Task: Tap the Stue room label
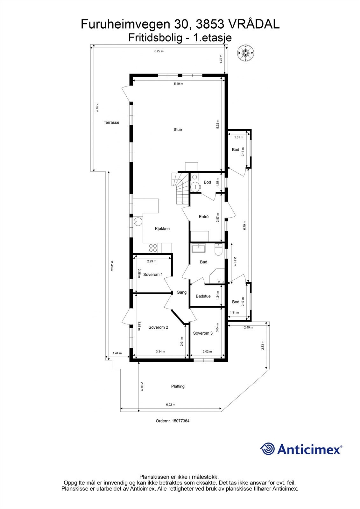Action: (178, 129)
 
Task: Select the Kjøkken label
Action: (162, 229)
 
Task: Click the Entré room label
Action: (204, 217)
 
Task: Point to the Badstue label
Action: (203, 296)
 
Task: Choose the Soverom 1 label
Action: (153, 275)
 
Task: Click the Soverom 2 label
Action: (158, 327)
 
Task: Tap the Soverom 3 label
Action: (203, 333)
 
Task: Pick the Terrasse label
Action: (111, 122)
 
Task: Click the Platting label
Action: (178, 387)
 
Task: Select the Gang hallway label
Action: (181, 292)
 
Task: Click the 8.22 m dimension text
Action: (159, 51)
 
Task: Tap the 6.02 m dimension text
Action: (171, 405)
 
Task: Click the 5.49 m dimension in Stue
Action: (178, 84)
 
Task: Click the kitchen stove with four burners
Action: (153, 248)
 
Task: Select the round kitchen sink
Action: (138, 221)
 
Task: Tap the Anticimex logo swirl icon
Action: (268, 449)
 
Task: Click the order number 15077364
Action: (173, 421)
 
